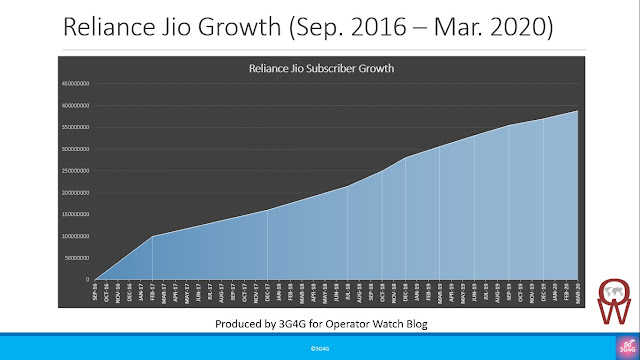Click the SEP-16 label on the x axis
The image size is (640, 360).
(96, 291)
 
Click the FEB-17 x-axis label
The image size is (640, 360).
(153, 291)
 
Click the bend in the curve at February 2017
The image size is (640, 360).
(153, 236)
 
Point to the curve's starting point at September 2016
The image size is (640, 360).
(96, 279)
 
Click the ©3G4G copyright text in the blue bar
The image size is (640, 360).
(319, 347)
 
